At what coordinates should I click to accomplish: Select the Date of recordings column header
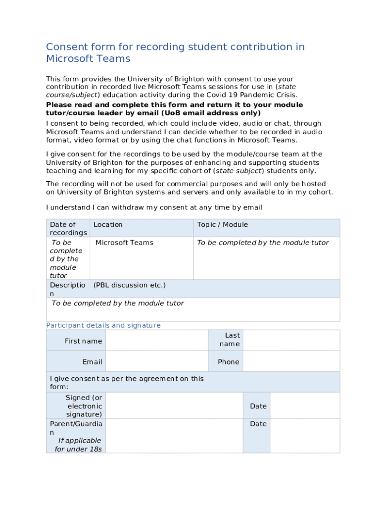coord(68,228)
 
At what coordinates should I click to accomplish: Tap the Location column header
coord(108,225)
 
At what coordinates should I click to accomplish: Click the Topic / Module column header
coord(222,225)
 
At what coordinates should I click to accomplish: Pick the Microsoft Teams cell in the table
coord(124,243)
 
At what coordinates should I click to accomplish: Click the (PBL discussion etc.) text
coord(129,285)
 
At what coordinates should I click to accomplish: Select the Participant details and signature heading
coord(103,325)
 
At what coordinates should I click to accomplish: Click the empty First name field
coord(156,341)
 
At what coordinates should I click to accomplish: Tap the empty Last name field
coord(291,341)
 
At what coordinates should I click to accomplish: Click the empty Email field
coord(156,361)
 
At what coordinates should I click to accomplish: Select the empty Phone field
coord(291,361)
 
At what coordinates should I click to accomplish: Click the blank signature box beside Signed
coord(174,406)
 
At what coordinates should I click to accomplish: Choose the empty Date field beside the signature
coord(305,406)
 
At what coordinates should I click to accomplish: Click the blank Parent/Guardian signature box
coord(174,436)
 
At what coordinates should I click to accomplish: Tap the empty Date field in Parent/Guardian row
coord(305,436)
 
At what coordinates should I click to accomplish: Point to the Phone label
coord(228,362)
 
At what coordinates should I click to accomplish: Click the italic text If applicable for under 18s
coord(79,445)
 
